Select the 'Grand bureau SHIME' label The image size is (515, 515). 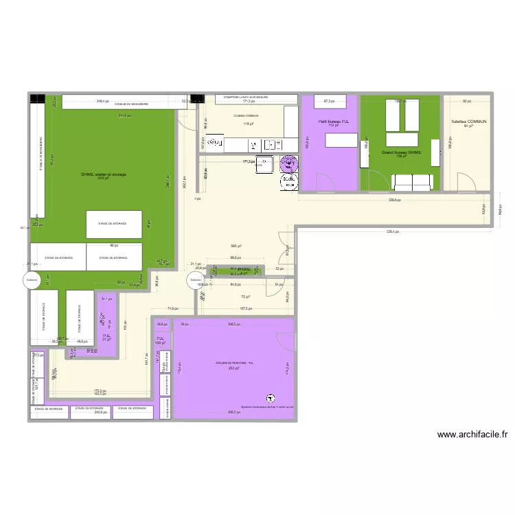click(401, 152)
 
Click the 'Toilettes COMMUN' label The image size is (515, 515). click(468, 121)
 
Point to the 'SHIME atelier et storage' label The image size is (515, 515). click(104, 174)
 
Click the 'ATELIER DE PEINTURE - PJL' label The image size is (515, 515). click(234, 363)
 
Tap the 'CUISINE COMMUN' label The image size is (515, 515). click(247, 116)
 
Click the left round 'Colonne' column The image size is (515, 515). click(32, 279)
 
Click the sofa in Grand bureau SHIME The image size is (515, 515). click(412, 181)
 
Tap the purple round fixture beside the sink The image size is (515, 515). click(288, 163)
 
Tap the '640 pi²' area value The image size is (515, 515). click(104, 179)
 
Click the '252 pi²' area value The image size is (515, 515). click(234, 367)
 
